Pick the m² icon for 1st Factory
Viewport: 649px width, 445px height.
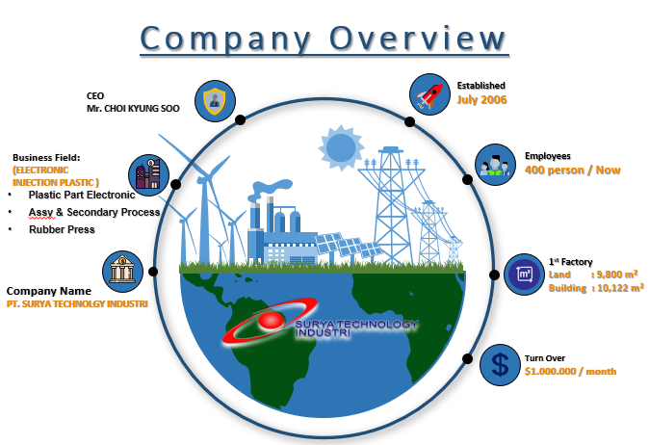click(x=525, y=275)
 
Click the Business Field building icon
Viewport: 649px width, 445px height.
click(x=147, y=174)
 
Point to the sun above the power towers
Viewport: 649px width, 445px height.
click(x=340, y=146)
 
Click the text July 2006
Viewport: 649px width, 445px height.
click(x=481, y=99)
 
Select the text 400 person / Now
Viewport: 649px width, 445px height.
click(x=572, y=170)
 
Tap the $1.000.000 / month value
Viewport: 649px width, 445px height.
click(x=570, y=371)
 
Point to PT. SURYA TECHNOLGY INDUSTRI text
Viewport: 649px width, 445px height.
click(x=78, y=303)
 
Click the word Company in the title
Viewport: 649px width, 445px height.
click(x=226, y=39)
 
